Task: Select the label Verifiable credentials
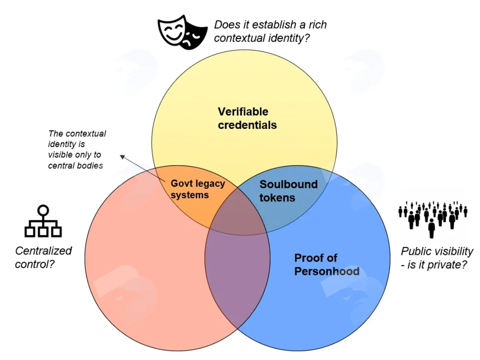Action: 247,118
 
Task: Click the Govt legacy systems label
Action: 198,189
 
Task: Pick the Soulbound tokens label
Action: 289,191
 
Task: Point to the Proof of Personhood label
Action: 326,264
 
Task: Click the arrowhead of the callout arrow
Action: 122,157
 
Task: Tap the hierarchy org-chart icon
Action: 43,221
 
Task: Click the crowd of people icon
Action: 433,219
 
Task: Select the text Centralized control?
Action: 43,257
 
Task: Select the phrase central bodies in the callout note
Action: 75,166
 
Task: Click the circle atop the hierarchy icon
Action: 43,210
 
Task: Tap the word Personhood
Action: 326,271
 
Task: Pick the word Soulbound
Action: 289,184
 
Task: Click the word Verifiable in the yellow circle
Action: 243,112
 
